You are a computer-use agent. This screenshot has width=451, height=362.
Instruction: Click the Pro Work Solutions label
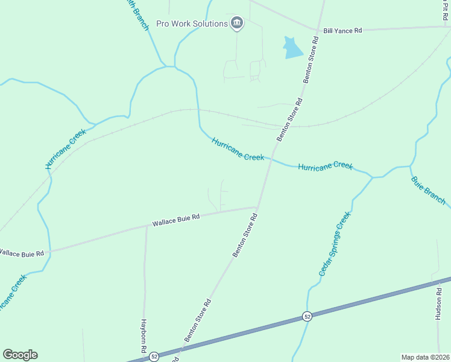pyautogui.click(x=191, y=24)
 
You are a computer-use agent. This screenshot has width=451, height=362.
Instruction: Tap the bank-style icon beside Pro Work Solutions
pyautogui.click(x=237, y=24)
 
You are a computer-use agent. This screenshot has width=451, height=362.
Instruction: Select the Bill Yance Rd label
pyautogui.click(x=342, y=30)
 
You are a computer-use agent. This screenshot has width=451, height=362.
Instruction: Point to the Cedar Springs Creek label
pyautogui.click(x=334, y=244)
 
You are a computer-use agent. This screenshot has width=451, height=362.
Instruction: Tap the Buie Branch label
pyautogui.click(x=428, y=190)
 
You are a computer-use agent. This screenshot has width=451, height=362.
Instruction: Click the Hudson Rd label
pyautogui.click(x=439, y=303)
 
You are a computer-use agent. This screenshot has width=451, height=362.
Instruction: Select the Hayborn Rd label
pyautogui.click(x=144, y=336)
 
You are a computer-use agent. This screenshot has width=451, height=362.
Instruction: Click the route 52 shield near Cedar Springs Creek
pyautogui.click(x=307, y=316)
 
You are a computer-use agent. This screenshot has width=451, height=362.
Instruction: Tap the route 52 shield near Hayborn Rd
pyautogui.click(x=154, y=356)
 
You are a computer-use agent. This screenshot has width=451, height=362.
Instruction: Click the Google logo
pyautogui.click(x=20, y=355)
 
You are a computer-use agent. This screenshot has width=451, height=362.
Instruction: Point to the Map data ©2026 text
pyautogui.click(x=425, y=357)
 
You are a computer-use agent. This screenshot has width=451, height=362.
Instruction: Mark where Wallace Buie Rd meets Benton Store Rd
pyautogui.click(x=257, y=208)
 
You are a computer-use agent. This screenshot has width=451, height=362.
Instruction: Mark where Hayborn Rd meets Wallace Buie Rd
pyautogui.click(x=147, y=227)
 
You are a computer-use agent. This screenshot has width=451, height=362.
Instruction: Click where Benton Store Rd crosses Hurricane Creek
pyautogui.click(x=270, y=160)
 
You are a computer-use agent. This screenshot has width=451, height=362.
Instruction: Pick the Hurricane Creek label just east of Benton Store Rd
pyautogui.click(x=325, y=165)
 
